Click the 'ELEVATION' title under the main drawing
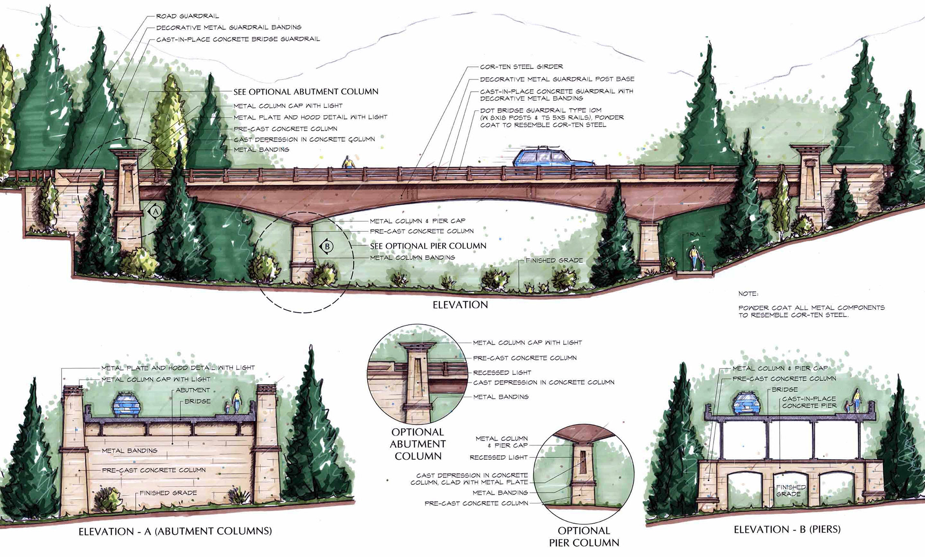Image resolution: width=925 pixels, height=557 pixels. pos(460,305)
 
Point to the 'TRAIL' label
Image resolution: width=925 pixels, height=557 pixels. pos(696,235)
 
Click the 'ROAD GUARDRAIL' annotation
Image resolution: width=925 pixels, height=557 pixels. pos(187,16)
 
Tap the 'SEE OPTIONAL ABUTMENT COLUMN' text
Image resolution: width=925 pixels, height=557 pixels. pos(306,92)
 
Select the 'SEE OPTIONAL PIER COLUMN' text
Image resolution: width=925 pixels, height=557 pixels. pos(428,246)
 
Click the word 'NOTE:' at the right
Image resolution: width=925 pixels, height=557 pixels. pos(748,293)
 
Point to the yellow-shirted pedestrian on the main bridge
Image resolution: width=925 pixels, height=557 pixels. pos(348,162)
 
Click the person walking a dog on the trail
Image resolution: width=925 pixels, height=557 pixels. pos(694,258)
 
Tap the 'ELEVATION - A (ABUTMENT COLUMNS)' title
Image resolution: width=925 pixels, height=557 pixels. pos(175,531)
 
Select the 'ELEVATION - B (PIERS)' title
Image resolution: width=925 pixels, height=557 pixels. pos(787,530)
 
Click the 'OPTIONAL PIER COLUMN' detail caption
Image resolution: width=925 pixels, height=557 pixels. pos(584,536)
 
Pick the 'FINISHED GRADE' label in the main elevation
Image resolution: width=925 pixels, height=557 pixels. pos(554,261)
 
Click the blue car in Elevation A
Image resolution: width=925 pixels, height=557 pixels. pos(127,404)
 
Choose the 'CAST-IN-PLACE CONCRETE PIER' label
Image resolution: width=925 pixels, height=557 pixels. pos(809,402)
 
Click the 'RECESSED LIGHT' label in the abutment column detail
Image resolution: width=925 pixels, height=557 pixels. pos(502,373)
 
